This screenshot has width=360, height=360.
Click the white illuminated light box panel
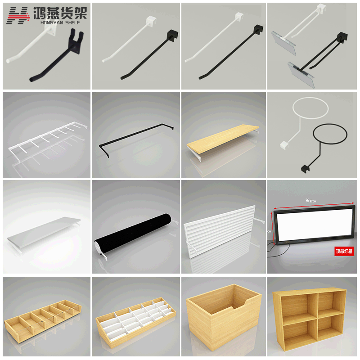[x=313, y=225]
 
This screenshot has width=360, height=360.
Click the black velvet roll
[x=134, y=235]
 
